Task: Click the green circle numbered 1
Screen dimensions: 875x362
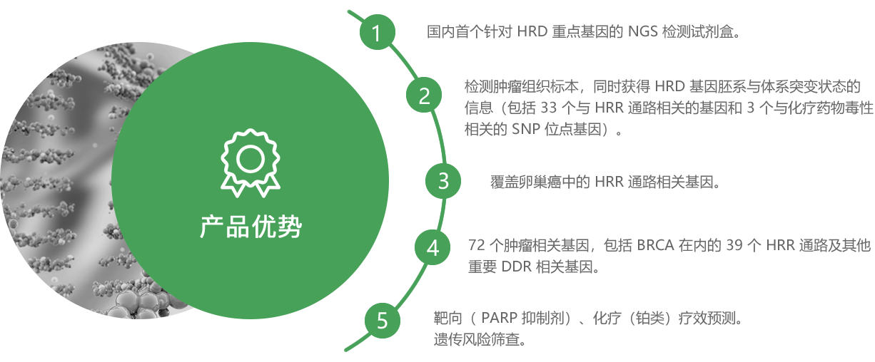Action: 377,32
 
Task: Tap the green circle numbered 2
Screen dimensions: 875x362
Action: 424,95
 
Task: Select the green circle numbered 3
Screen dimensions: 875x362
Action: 443,181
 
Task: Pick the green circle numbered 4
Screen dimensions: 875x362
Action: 433,247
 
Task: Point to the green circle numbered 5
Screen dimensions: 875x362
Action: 383,321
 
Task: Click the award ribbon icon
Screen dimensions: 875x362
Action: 251,163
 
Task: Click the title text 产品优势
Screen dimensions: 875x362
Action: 251,227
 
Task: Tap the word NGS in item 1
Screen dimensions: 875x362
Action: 642,31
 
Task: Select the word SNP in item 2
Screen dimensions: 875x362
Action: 526,129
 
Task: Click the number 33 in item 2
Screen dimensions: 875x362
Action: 548,108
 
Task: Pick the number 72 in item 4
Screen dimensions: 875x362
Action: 477,245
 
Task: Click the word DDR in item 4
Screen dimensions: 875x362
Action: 517,267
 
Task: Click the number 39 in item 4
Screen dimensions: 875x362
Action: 734,245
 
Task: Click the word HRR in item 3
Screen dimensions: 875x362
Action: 609,182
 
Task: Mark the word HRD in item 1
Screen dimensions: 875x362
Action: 532,31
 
